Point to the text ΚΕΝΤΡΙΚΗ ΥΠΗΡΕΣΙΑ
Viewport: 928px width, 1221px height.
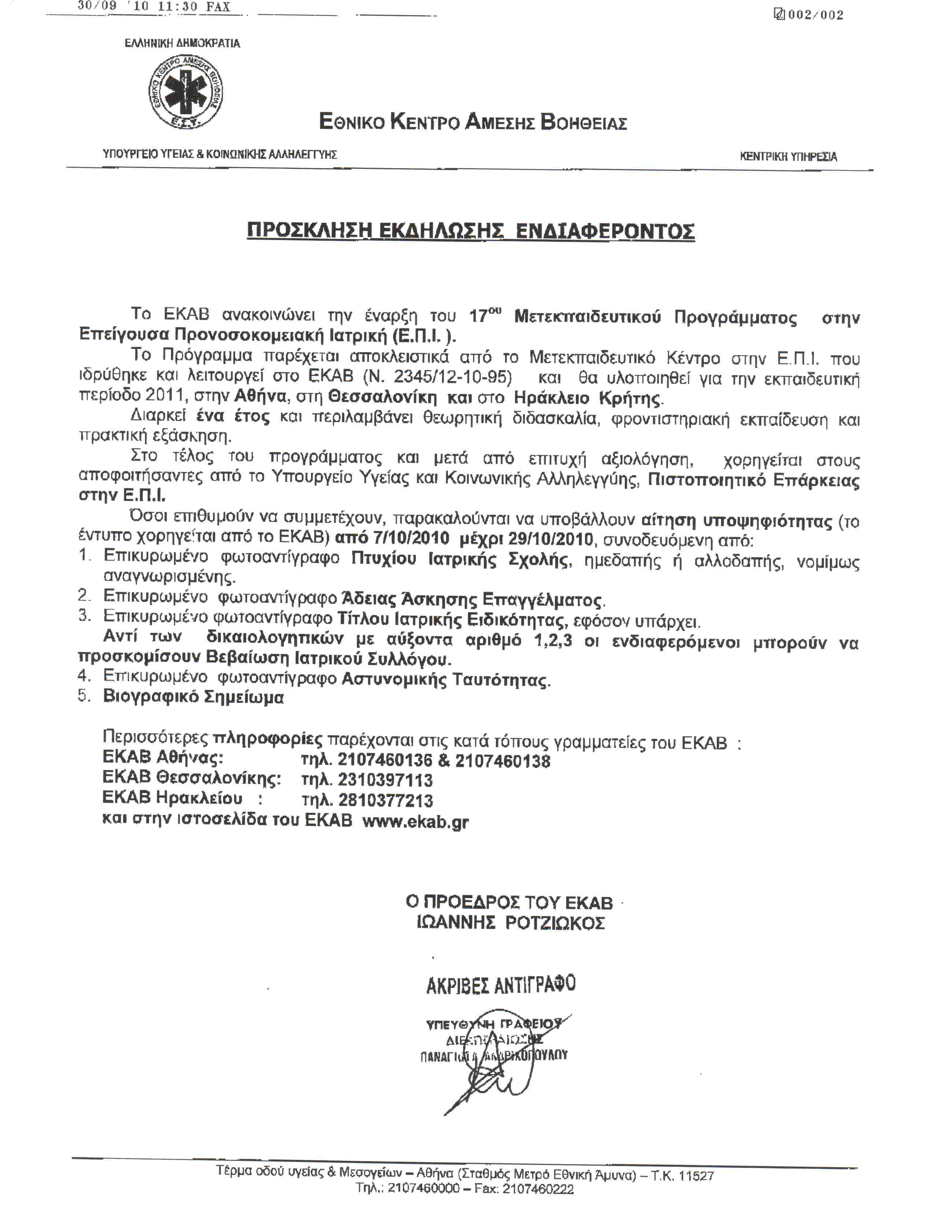(788, 156)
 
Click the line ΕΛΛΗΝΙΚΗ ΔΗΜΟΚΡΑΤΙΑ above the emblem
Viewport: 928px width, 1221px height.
(182, 43)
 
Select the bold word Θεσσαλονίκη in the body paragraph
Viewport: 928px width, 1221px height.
(382, 398)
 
